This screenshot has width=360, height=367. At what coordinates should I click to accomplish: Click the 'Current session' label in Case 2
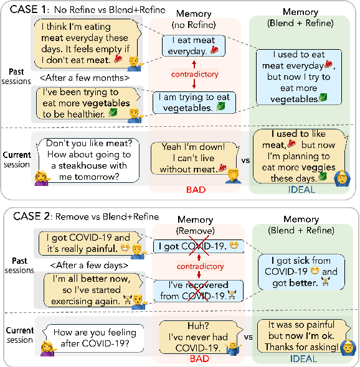pos(20,335)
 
